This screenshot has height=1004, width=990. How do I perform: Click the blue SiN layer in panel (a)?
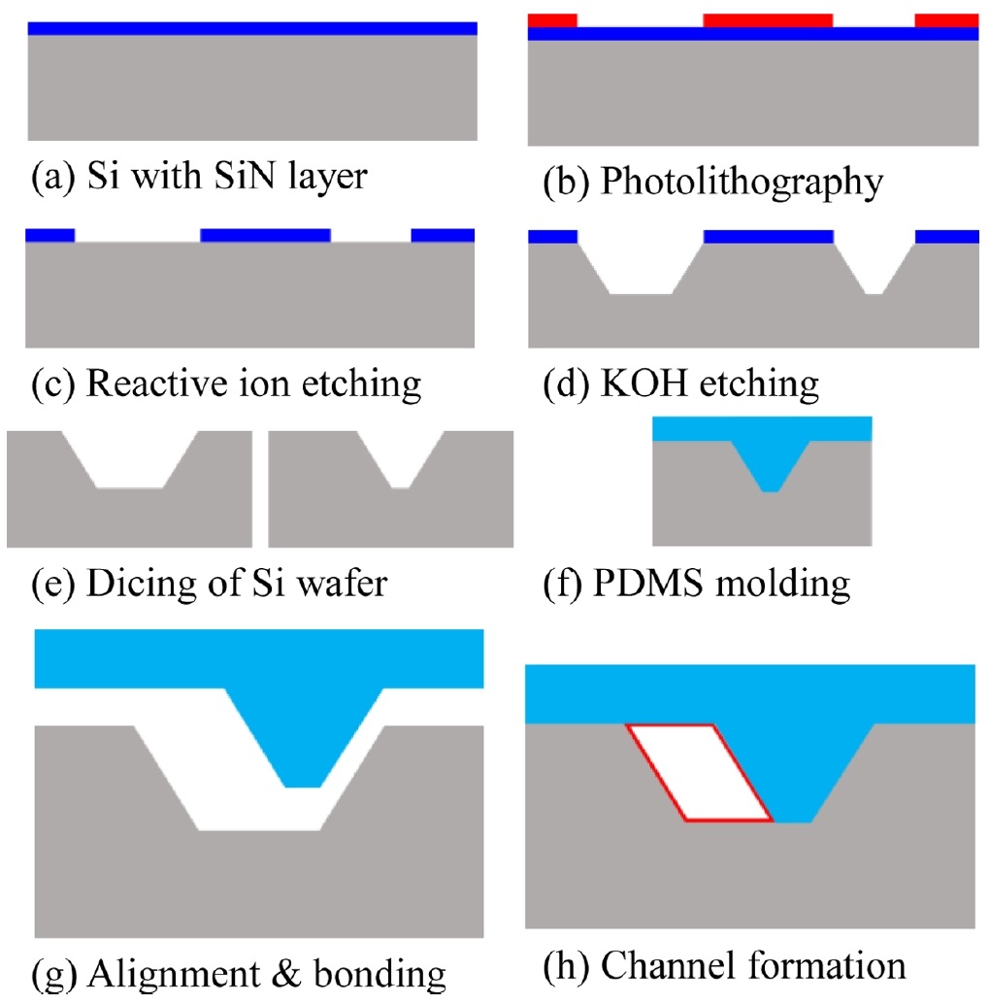point(252,28)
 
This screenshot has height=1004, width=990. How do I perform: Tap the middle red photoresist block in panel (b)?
point(767,20)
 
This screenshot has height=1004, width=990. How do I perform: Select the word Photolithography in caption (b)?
point(742,183)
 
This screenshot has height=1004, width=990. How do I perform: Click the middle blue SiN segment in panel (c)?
point(265,235)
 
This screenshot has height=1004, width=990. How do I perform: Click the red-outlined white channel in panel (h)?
point(699,773)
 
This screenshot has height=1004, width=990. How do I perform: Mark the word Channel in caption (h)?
point(670,966)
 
